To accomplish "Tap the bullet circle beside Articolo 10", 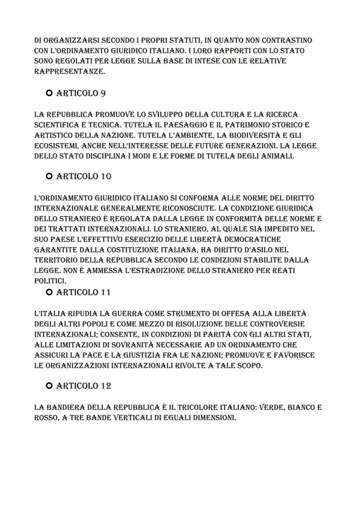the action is pyautogui.click(x=49, y=176).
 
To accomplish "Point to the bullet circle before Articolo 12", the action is pyautogui.click(x=49, y=386).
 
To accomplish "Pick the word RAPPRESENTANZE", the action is pyautogui.click(x=70, y=72).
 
